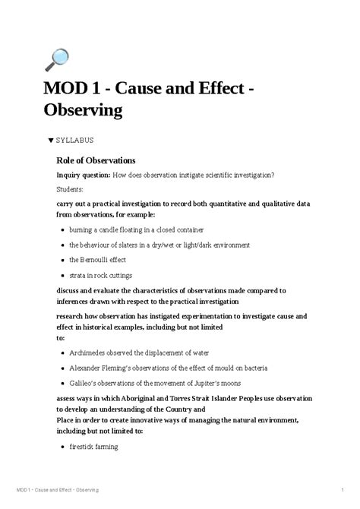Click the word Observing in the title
(83, 110)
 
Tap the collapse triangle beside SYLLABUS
(50, 141)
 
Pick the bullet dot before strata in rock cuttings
(62, 276)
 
